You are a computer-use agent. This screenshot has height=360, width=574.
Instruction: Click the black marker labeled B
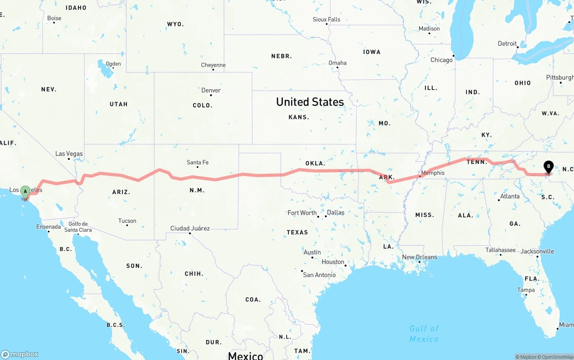pyautogui.click(x=548, y=167)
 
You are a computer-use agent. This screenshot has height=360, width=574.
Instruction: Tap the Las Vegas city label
pyautogui.click(x=69, y=154)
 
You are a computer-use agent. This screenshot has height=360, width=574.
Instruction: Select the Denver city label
pyautogui.click(x=211, y=90)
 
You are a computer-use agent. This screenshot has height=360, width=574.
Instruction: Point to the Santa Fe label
pyautogui.click(x=197, y=162)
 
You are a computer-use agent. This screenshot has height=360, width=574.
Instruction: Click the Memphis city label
pyautogui.click(x=433, y=173)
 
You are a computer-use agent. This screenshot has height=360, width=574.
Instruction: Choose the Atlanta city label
pyautogui.click(x=510, y=196)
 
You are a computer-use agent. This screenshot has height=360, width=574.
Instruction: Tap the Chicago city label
pyautogui.click(x=441, y=60)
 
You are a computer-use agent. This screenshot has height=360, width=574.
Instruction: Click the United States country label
pyautogui.click(x=310, y=102)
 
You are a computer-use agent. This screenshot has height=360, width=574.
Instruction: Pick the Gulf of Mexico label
pyautogui.click(x=424, y=334)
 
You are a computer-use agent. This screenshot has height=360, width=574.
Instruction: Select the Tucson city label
pyautogui.click(x=127, y=221)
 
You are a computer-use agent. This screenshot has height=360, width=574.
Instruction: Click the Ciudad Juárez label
pyautogui.click(x=190, y=228)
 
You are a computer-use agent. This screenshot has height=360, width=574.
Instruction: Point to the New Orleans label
pyautogui.click(x=419, y=257)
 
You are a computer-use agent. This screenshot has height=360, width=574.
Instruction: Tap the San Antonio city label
pyautogui.click(x=319, y=275)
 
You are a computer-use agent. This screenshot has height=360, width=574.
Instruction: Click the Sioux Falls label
pyautogui.click(x=326, y=19)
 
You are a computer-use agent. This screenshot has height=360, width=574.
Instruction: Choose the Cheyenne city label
pyautogui.click(x=213, y=65)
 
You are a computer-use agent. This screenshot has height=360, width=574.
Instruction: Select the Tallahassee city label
pyautogui.click(x=500, y=250)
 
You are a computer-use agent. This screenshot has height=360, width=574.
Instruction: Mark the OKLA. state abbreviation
pyautogui.click(x=315, y=163)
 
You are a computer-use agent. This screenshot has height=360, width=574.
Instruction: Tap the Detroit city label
pyautogui.click(x=507, y=43)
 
